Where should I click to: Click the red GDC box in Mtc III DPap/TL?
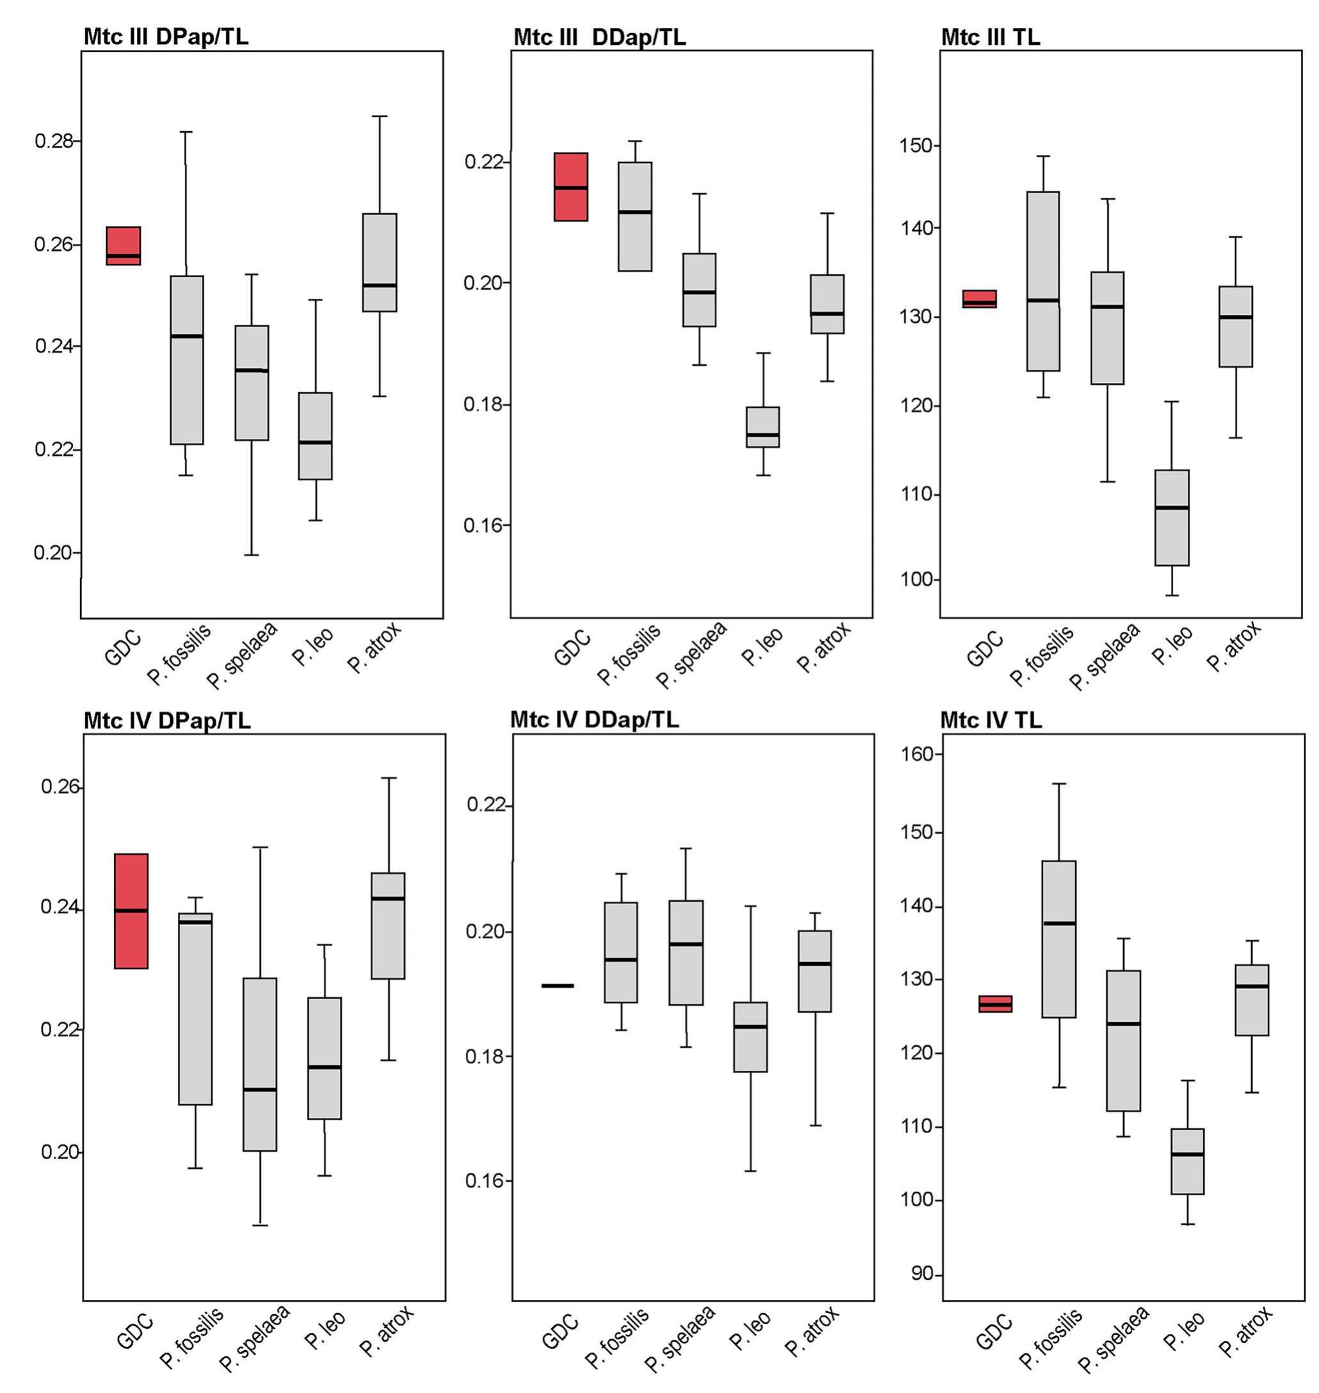point(123,245)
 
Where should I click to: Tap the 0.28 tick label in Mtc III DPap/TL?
point(53,141)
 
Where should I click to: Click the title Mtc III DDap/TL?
point(599,36)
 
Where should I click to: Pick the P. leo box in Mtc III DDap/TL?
point(762,427)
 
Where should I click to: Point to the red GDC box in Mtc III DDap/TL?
point(571,186)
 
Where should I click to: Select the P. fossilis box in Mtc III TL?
point(1043,281)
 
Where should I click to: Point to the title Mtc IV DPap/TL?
point(166,720)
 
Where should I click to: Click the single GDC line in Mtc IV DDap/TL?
point(557,985)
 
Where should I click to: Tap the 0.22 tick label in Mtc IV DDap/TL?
point(486,805)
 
